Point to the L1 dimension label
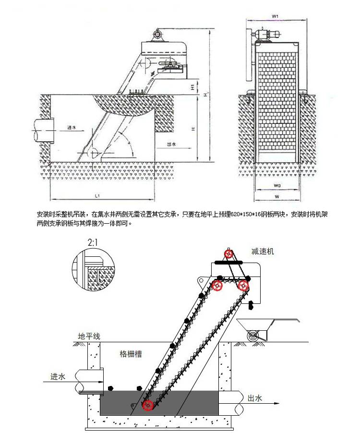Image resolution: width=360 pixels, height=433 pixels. pyautogui.click(x=97, y=195)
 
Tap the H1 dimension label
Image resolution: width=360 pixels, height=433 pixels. pyautogui.click(x=192, y=87)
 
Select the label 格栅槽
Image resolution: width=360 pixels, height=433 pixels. pyautogui.click(x=130, y=354)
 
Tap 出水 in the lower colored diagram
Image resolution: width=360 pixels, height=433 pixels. pyautogui.click(x=254, y=398)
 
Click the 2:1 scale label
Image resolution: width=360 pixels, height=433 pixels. pyautogui.click(x=92, y=243)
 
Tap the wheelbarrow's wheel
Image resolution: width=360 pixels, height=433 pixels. pyautogui.click(x=252, y=336)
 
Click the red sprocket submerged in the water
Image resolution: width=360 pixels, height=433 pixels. pyautogui.click(x=148, y=406)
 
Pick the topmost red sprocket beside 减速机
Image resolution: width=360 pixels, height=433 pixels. pyautogui.click(x=229, y=253)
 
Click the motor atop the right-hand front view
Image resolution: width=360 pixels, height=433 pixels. pyautogui.click(x=269, y=34)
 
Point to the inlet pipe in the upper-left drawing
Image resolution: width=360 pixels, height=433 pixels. pyautogui.click(x=43, y=130)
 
